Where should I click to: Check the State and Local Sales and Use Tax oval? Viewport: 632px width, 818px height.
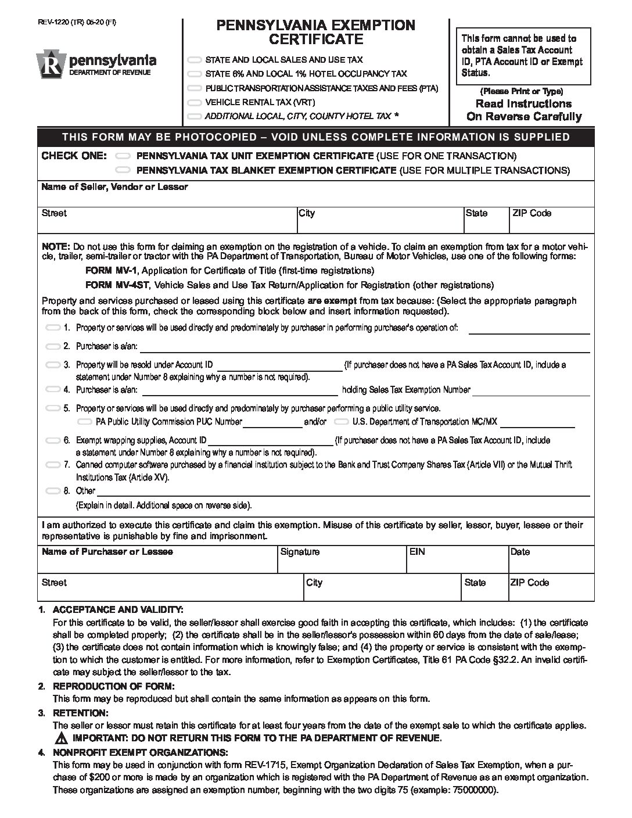click(x=195, y=60)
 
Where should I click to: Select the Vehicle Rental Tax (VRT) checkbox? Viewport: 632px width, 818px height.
click(x=195, y=102)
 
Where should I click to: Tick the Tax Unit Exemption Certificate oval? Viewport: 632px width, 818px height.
click(x=123, y=156)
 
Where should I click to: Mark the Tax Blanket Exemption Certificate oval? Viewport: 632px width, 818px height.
click(x=123, y=171)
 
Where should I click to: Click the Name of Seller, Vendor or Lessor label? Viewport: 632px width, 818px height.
click(x=114, y=187)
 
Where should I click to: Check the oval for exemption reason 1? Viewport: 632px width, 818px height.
click(x=53, y=328)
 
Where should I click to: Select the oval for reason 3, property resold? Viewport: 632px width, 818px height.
click(x=53, y=365)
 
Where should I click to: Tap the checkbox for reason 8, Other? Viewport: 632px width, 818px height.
click(x=53, y=491)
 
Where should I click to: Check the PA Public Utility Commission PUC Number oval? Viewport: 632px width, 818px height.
click(x=85, y=422)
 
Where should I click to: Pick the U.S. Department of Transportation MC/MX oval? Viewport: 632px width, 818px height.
click(x=342, y=422)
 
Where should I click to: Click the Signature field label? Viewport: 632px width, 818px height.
click(x=300, y=552)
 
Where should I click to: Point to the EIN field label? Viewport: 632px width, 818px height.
click(x=417, y=552)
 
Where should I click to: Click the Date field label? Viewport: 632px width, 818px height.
click(x=520, y=552)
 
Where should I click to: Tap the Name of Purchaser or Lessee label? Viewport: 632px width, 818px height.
click(x=107, y=552)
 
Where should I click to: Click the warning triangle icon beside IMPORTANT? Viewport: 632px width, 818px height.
click(x=61, y=738)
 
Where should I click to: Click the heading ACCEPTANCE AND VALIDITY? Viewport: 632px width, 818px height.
click(x=118, y=609)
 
